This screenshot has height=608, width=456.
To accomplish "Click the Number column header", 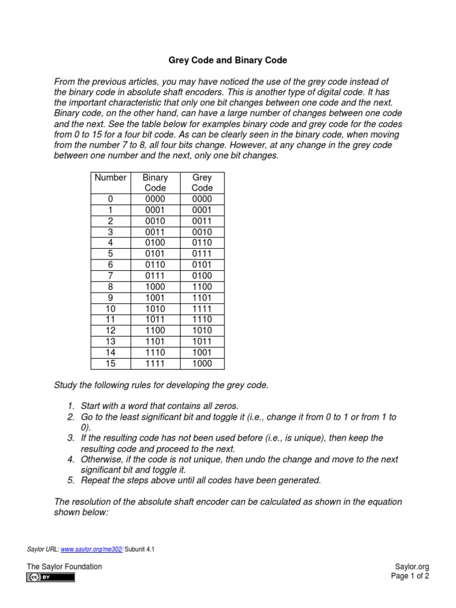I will (110, 178).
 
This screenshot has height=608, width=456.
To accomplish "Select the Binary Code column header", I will (156, 182).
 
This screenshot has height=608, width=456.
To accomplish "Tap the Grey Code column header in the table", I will (202, 182).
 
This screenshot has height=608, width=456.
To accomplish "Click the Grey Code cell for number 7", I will (202, 275).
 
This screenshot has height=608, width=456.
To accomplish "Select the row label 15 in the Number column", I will (110, 363).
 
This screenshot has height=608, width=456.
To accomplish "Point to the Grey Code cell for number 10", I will (202, 309).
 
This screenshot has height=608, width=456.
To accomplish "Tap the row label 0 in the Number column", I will (110, 199).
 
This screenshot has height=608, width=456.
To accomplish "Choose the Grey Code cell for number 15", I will (202, 363).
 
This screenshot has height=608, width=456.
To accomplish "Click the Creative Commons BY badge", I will (50, 577).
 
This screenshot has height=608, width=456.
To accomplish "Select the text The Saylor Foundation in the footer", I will (64, 566).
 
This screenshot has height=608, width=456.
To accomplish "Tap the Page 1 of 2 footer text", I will (410, 576).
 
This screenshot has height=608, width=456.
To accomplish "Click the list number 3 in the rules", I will (70, 438).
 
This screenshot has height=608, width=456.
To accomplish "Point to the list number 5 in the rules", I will (70, 480).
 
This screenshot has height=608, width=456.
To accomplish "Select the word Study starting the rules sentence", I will (66, 385).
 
